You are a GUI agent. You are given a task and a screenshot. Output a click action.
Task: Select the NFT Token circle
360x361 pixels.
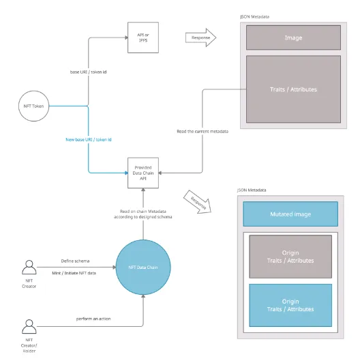35,106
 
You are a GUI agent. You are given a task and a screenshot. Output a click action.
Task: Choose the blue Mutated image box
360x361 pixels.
290,214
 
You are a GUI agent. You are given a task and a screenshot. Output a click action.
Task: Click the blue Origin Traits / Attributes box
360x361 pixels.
290,305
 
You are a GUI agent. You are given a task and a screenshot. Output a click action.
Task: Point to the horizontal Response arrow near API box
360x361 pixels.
200,39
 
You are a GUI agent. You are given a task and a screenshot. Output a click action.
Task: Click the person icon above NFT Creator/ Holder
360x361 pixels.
29,326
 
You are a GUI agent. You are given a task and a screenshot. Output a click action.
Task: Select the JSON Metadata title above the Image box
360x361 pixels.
254,16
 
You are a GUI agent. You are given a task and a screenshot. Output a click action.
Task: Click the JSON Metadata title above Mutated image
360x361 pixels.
252,191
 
